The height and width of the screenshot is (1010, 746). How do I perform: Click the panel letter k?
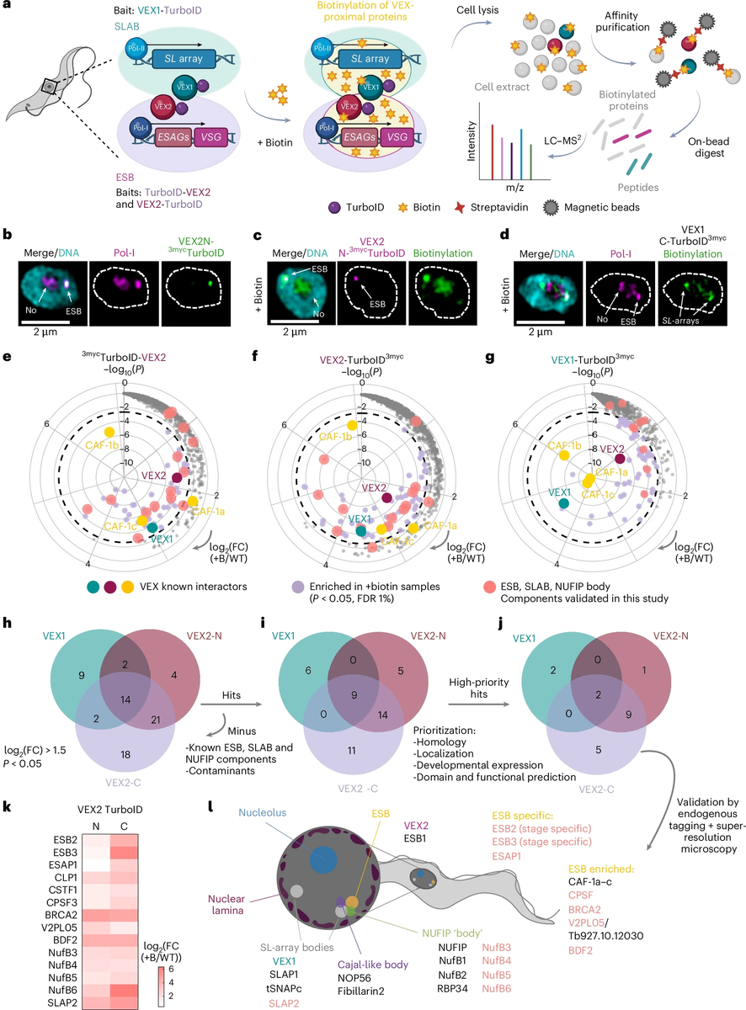(7, 808)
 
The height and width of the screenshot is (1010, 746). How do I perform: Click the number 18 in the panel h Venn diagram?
(125, 754)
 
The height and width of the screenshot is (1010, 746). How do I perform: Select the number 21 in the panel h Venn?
(156, 720)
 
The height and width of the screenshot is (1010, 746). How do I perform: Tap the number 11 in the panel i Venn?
(351, 750)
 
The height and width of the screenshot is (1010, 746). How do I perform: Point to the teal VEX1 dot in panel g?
(564, 502)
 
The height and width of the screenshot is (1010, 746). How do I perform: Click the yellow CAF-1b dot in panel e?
(109, 432)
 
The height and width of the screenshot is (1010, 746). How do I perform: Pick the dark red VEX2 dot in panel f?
(387, 497)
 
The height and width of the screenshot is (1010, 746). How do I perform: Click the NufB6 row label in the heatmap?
(62, 990)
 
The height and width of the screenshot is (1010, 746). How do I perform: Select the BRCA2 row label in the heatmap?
(61, 915)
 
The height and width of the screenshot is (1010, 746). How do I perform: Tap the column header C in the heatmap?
(124, 827)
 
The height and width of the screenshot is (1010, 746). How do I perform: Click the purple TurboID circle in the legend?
(334, 208)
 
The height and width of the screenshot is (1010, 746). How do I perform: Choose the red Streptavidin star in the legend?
(460, 208)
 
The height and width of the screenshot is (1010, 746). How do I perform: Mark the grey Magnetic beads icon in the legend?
(551, 208)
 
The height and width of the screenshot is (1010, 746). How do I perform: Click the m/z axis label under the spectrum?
(514, 187)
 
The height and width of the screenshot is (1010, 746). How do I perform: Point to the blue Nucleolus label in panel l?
(263, 813)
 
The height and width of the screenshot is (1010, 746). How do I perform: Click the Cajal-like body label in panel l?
(373, 964)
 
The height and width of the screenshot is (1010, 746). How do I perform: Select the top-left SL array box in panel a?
(184, 59)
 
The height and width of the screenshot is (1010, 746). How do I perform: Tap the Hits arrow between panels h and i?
(231, 704)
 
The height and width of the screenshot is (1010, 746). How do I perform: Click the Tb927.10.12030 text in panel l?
(605, 936)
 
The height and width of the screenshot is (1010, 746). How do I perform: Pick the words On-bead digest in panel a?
(709, 147)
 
